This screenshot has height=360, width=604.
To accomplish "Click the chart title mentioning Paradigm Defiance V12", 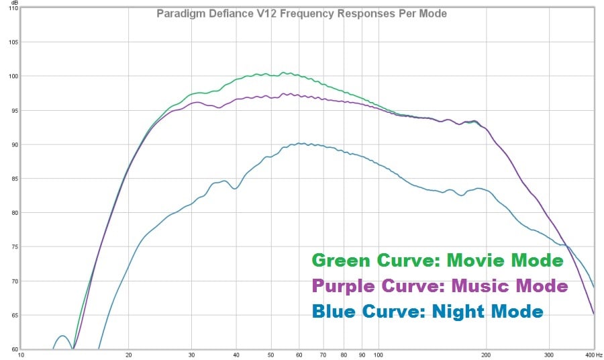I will click(301, 13).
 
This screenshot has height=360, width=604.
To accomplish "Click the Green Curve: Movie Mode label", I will click(437, 261).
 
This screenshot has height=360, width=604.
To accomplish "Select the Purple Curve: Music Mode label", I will click(440, 286).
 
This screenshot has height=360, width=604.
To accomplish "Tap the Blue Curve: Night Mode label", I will click(427, 311).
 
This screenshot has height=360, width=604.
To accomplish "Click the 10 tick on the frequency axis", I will click(21, 355).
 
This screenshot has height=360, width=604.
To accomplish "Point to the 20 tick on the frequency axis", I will click(128, 355).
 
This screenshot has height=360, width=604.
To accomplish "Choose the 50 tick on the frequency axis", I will click(270, 355).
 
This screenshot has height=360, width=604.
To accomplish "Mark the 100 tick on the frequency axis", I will click(377, 355).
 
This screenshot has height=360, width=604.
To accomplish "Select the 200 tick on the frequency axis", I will click(485, 355).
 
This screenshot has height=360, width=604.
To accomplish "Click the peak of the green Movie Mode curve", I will click(285, 73).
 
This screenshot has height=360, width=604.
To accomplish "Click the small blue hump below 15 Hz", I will click(62, 336).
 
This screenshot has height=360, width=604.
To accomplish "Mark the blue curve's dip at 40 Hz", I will click(235, 188).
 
